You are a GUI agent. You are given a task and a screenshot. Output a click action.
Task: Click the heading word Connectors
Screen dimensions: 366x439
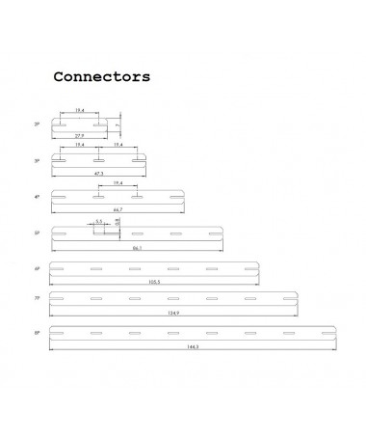(x=101, y=76)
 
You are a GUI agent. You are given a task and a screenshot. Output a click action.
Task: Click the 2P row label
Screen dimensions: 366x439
(x=38, y=124)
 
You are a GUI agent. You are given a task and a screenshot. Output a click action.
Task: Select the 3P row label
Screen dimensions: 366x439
(x=38, y=160)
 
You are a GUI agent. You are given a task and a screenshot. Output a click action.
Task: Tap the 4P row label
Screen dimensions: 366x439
(x=38, y=196)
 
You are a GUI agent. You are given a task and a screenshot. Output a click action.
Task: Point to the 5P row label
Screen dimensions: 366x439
(x=38, y=233)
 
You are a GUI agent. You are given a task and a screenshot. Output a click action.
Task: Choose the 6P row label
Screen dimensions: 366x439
(x=38, y=268)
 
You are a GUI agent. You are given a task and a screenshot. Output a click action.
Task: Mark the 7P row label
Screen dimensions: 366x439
(x=38, y=300)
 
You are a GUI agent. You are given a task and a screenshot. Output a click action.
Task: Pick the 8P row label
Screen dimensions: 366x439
(x=38, y=333)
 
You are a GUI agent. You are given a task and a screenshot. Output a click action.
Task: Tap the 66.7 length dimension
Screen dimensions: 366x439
(x=117, y=208)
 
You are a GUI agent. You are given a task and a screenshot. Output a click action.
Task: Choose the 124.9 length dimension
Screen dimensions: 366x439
(x=172, y=314)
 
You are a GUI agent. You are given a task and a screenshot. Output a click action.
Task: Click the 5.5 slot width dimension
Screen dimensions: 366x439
(x=99, y=221)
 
